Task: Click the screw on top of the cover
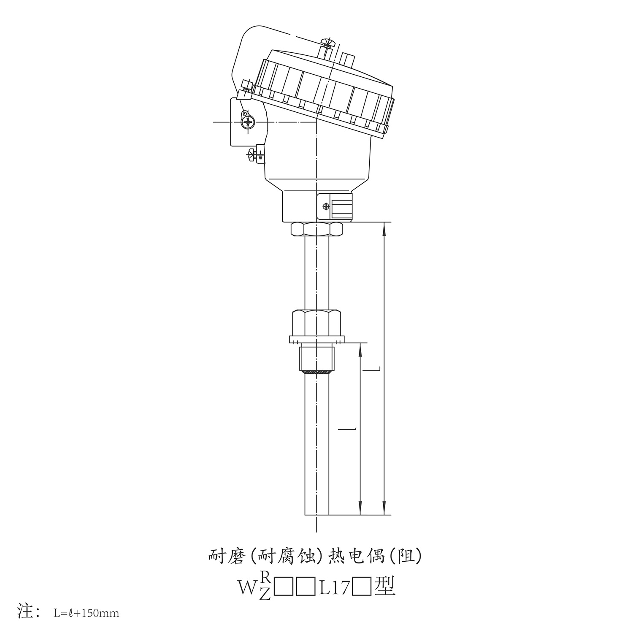pos(326,43)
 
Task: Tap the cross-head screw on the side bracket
pos(248,122)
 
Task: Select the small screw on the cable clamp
pos(325,206)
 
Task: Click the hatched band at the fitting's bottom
pos(316,372)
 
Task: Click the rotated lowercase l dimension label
pos(348,428)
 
